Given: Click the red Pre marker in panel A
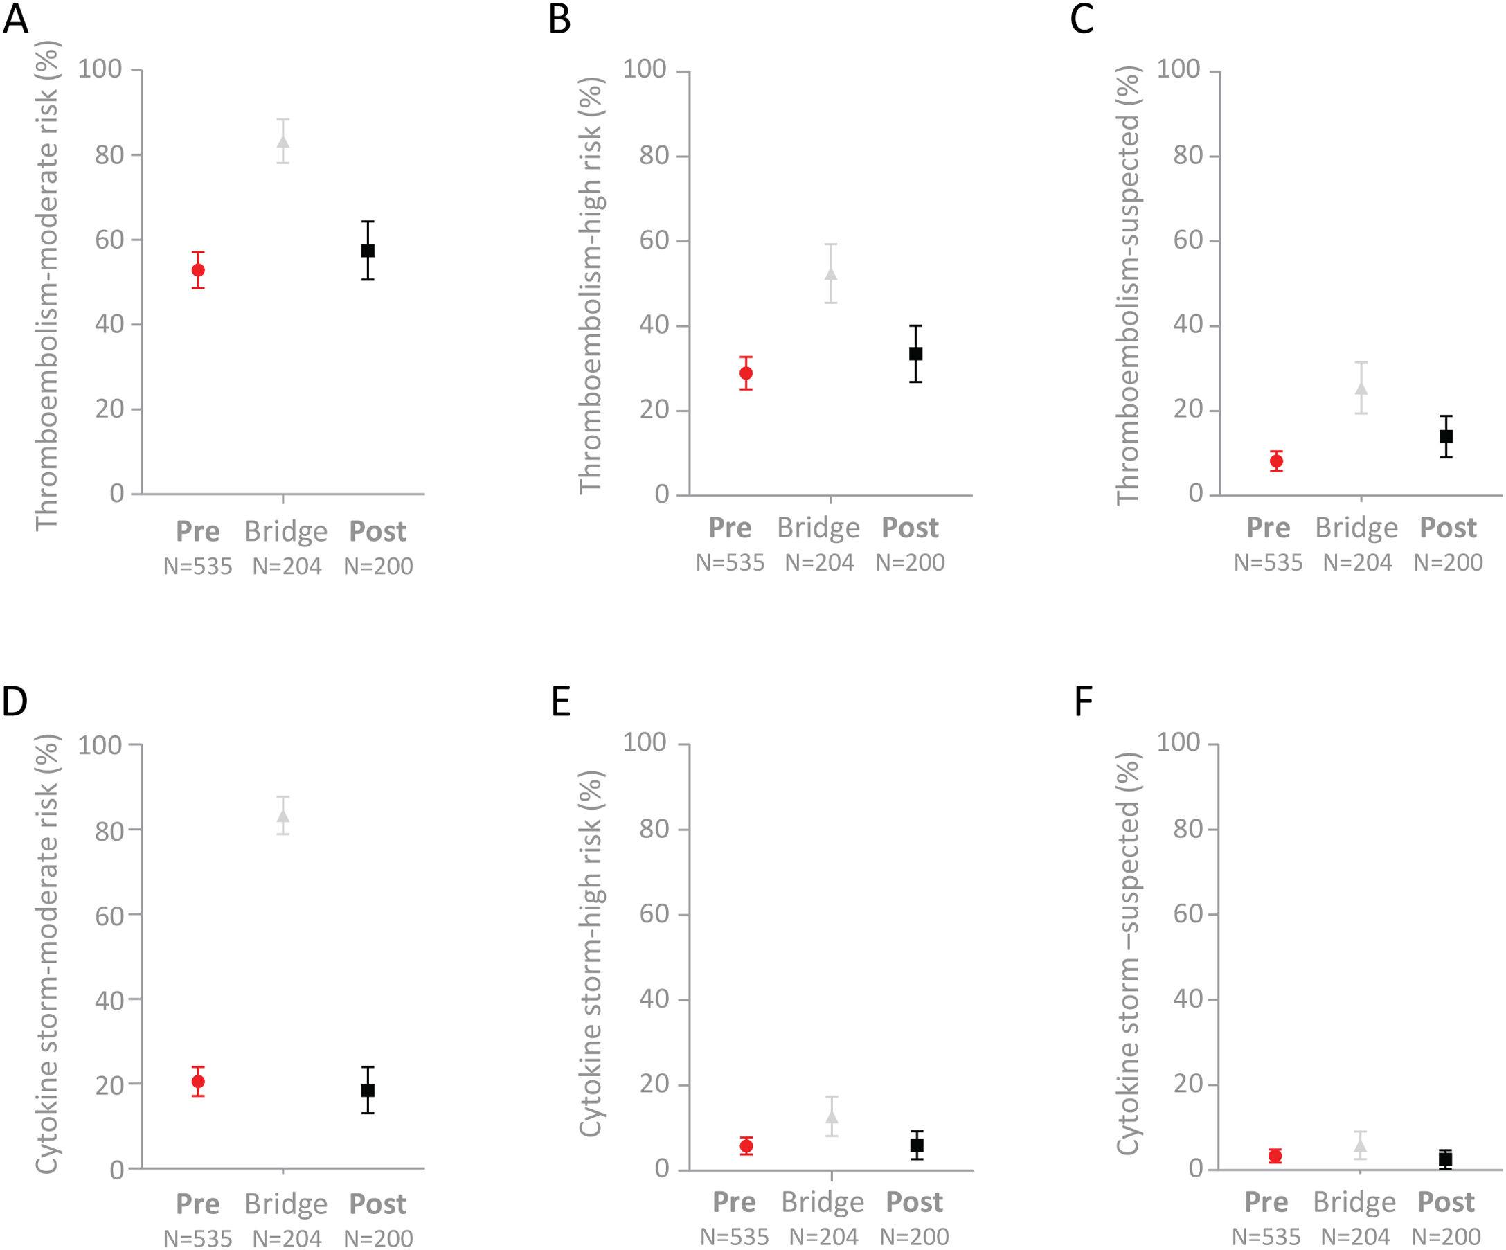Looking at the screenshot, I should [x=198, y=269].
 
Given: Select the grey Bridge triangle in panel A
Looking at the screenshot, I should [x=283, y=141].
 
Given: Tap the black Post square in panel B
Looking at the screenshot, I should [x=916, y=354].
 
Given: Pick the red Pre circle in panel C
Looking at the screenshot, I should [x=1276, y=461].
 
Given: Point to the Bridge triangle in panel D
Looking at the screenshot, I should [x=283, y=816].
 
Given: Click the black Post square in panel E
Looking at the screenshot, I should [x=917, y=1145].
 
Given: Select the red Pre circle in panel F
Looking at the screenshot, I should [x=1275, y=1156].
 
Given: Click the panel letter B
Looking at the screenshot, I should [x=559, y=19].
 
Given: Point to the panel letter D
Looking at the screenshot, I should [x=15, y=702].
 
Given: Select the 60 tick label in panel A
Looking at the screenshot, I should [x=109, y=240].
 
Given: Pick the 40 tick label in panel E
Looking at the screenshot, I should [x=655, y=999].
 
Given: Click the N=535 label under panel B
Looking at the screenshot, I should [x=730, y=562].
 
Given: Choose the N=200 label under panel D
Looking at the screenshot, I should [x=378, y=1238].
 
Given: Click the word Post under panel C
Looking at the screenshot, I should [x=1448, y=528].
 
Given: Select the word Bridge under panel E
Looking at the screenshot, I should [x=823, y=1202].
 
